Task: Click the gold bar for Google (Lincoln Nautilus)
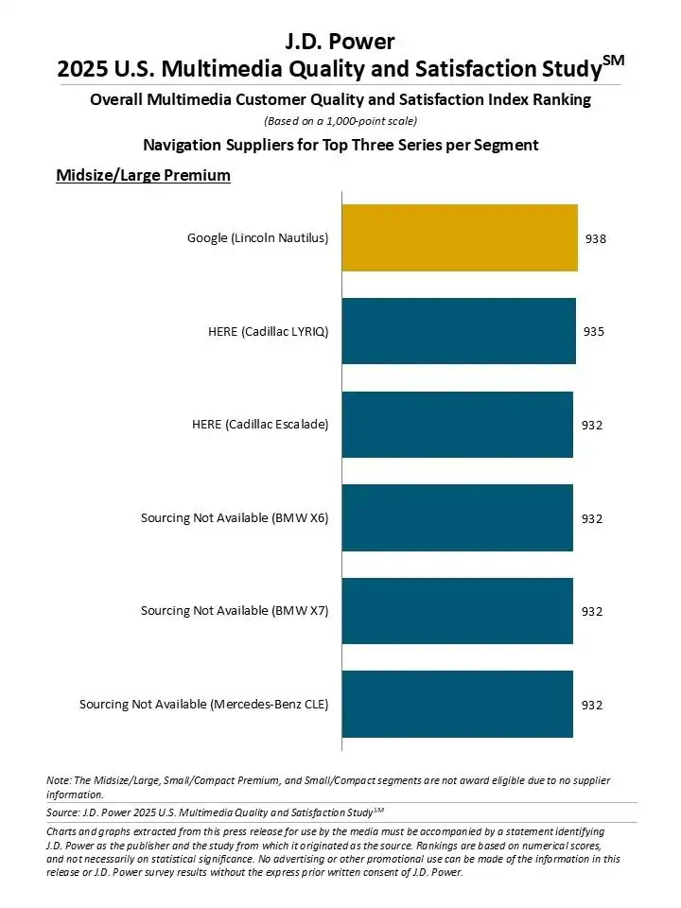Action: click(x=460, y=238)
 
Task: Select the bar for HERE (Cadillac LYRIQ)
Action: click(x=459, y=331)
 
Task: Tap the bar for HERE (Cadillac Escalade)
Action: click(x=458, y=425)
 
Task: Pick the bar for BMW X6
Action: click(x=458, y=517)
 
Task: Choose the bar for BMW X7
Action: click(x=458, y=611)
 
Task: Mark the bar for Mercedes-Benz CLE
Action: click(x=458, y=704)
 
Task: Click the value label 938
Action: click(x=596, y=238)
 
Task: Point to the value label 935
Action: click(x=593, y=331)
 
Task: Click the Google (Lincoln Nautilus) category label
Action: click(x=257, y=238)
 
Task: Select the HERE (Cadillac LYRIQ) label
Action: click(x=268, y=331)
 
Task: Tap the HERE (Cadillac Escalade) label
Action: click(x=260, y=425)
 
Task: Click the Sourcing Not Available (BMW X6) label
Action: click(x=235, y=517)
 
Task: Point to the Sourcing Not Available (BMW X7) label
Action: click(x=235, y=611)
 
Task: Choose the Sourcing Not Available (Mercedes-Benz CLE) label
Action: click(x=203, y=704)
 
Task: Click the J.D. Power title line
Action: click(x=340, y=41)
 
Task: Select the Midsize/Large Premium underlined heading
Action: click(x=144, y=175)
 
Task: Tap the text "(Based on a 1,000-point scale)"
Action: click(x=340, y=120)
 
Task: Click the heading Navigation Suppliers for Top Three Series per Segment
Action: click(x=340, y=145)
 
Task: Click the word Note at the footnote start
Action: click(x=59, y=780)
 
